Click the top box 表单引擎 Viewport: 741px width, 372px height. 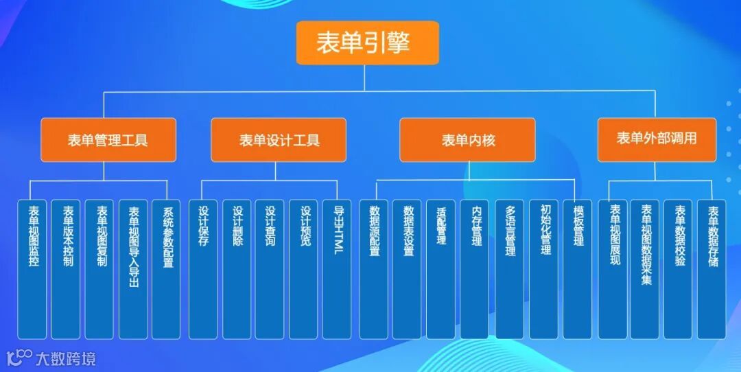[x=367, y=43]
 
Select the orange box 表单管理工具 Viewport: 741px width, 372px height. [x=108, y=140]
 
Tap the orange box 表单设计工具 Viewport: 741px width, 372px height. [x=279, y=140]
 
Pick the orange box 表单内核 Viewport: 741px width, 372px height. [x=468, y=140]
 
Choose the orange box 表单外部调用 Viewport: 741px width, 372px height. [x=657, y=139]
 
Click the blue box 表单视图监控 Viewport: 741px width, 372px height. [x=32, y=269]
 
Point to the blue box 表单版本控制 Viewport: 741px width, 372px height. [x=66, y=269]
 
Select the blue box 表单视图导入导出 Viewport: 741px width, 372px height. [x=133, y=269]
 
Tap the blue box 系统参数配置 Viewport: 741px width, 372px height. [x=167, y=269]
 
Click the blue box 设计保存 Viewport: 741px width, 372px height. [x=203, y=269]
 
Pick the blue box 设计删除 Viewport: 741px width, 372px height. [x=237, y=269]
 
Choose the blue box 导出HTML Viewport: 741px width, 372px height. [x=337, y=269]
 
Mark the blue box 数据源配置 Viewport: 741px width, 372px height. [x=374, y=269]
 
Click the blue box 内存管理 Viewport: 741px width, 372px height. [x=475, y=269]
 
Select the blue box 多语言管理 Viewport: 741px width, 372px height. [x=509, y=269]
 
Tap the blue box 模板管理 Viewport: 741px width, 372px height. [x=578, y=269]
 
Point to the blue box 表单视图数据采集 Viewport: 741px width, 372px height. [x=645, y=269]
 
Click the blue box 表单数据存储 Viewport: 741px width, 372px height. [x=712, y=269]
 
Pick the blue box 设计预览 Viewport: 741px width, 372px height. [x=303, y=269]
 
